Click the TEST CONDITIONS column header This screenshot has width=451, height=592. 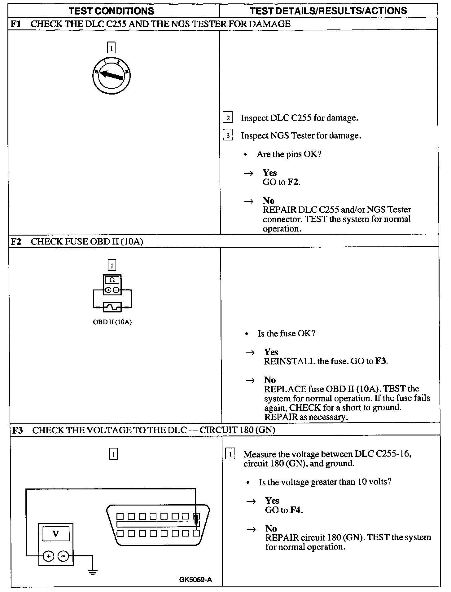coord(111,11)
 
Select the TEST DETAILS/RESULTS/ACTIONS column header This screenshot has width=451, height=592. coord(328,11)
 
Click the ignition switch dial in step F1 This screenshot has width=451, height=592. coord(111,75)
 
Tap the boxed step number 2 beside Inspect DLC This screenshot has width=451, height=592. coord(228,118)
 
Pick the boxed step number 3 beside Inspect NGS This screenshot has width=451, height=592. coord(228,135)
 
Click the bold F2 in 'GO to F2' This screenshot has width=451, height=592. coord(293,182)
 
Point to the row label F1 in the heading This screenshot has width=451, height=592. coord(16,24)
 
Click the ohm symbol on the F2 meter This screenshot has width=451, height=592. coord(112,280)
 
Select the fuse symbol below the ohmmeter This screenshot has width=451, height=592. coord(112,307)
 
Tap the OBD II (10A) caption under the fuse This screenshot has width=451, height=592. coord(112,322)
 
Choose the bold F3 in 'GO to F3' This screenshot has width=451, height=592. coord(381,361)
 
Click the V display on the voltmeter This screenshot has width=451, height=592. coord(55,533)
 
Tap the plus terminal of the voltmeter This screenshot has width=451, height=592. coord(48,557)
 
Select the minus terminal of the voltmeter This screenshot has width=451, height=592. coord(63,557)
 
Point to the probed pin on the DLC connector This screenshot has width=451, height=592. coord(196,516)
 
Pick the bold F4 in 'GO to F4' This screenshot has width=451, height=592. coord(296,510)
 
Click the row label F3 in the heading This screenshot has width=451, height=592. coord(18,430)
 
